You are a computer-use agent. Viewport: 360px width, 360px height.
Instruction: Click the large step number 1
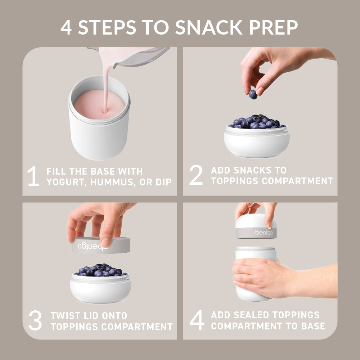tap(33, 176)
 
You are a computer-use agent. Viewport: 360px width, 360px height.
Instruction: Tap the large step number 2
tap(196, 176)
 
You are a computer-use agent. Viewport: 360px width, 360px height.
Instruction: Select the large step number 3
tap(35, 321)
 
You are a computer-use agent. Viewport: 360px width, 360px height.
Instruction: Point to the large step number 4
tap(197, 321)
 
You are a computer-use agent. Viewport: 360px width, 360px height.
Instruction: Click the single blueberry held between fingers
tap(253, 94)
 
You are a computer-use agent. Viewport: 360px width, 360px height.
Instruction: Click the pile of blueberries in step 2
tap(257, 122)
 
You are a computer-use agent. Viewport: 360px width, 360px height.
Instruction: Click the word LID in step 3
tap(94, 316)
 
